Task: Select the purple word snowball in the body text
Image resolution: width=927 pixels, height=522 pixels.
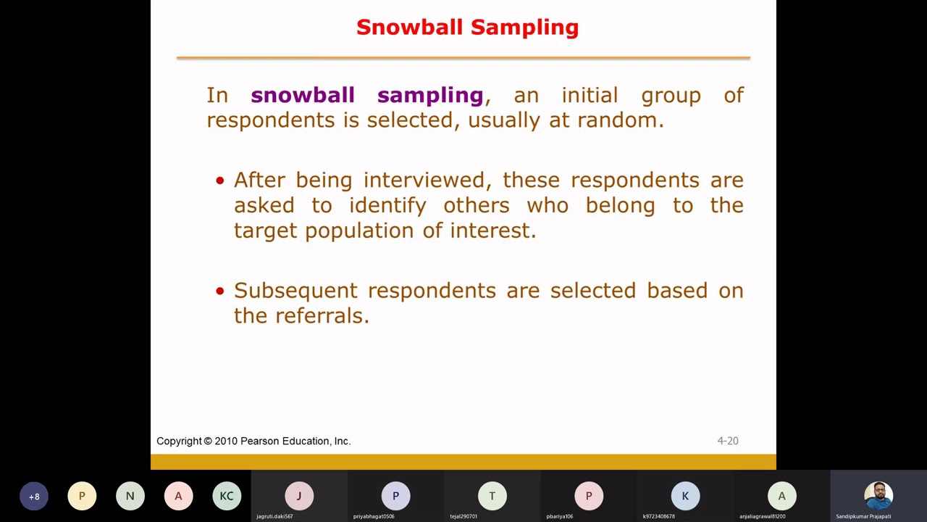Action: click(x=302, y=95)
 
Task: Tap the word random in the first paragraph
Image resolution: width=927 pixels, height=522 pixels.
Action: click(x=619, y=120)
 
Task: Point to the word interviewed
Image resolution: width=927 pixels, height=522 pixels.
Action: click(x=424, y=180)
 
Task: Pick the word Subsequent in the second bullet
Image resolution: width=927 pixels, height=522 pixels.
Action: click(x=295, y=291)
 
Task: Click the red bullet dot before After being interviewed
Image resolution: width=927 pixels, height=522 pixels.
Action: click(x=220, y=181)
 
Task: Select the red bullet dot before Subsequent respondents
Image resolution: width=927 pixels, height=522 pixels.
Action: click(x=220, y=291)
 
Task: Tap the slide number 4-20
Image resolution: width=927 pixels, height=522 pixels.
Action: click(x=727, y=441)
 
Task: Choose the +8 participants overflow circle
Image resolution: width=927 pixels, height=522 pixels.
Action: click(x=34, y=496)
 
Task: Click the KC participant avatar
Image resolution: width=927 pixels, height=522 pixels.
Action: click(x=227, y=496)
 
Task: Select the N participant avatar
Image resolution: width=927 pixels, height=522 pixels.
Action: click(x=130, y=496)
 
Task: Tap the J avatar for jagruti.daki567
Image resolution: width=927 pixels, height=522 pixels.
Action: click(x=298, y=496)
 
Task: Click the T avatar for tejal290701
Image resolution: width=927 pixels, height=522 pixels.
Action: click(x=492, y=496)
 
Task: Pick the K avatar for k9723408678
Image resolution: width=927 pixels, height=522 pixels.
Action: click(x=685, y=496)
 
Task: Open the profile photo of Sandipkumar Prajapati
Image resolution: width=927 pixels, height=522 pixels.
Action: click(x=878, y=496)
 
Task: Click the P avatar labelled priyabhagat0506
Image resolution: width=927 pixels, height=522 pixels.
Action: click(x=395, y=496)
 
